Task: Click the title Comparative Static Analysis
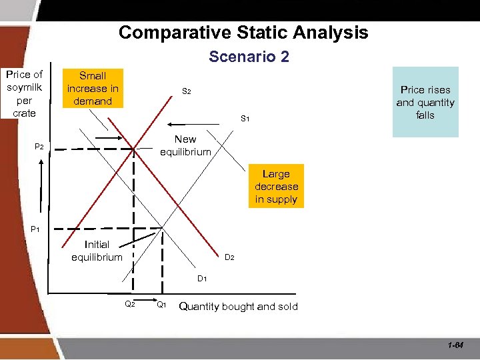pyautogui.click(x=243, y=33)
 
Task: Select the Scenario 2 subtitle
pyautogui.click(x=249, y=57)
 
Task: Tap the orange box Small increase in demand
pyautogui.click(x=93, y=88)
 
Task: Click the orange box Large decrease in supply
pyautogui.click(x=276, y=187)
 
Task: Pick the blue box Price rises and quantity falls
pyautogui.click(x=425, y=102)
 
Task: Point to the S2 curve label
pyautogui.click(x=187, y=91)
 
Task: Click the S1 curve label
pyautogui.click(x=245, y=119)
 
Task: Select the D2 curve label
pyautogui.click(x=229, y=257)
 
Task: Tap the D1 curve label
pyautogui.click(x=201, y=278)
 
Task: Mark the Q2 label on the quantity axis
pyautogui.click(x=130, y=305)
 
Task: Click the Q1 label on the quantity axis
pyautogui.click(x=161, y=305)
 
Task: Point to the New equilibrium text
pyautogui.click(x=185, y=145)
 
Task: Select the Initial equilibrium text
pyautogui.click(x=97, y=251)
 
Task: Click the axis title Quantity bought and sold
pyautogui.click(x=239, y=307)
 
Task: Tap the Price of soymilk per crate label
pyautogui.click(x=24, y=94)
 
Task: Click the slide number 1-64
pyautogui.click(x=456, y=345)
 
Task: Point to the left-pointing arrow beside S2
pyautogui.click(x=178, y=124)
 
